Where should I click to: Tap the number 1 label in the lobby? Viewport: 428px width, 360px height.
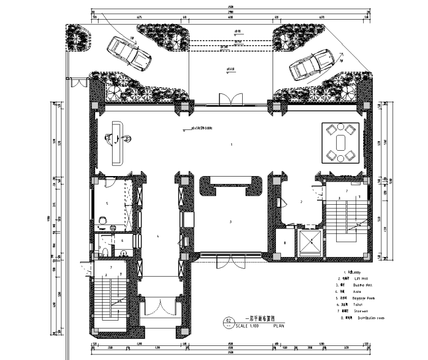click(x=231, y=145)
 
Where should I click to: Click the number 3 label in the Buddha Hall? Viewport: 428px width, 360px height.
click(x=230, y=222)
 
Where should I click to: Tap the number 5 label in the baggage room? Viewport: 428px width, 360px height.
click(x=107, y=202)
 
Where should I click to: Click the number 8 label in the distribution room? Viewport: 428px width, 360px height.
click(x=284, y=242)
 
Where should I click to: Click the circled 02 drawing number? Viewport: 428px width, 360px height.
click(x=228, y=322)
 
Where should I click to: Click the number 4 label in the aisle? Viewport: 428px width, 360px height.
click(x=159, y=236)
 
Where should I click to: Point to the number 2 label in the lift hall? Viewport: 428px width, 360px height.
click(x=302, y=201)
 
